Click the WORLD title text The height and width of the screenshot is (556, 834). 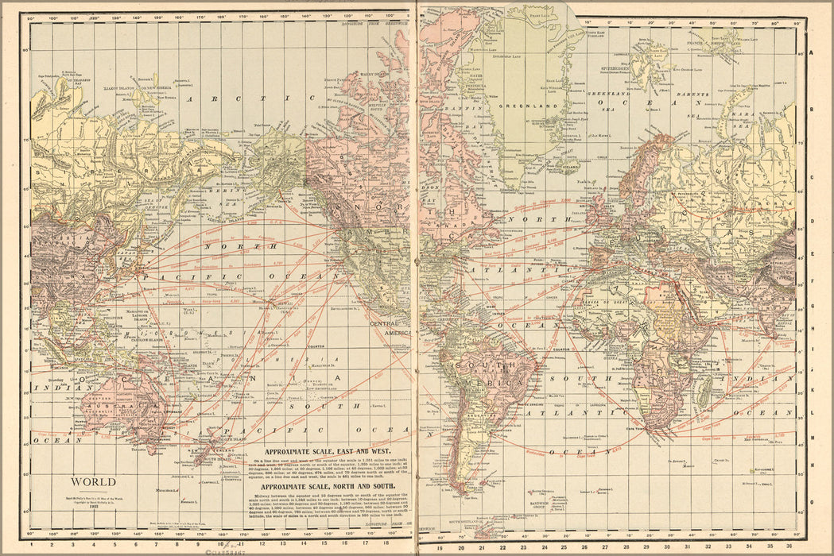pos(93,482)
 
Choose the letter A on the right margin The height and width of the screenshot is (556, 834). pos(811,52)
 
